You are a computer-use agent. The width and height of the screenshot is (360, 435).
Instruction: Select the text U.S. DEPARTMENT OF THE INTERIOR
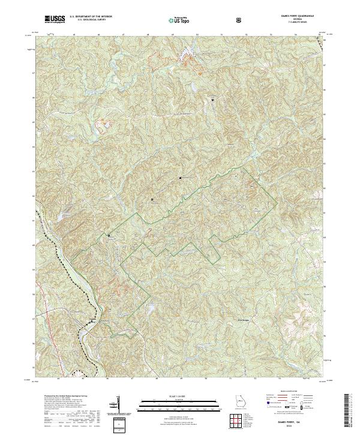pyautogui.click(x=90, y=17)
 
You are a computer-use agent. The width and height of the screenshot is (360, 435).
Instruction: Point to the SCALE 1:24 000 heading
pyautogui.click(x=174, y=397)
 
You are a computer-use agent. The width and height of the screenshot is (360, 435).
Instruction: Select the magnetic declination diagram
pyautogui.click(x=117, y=404)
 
